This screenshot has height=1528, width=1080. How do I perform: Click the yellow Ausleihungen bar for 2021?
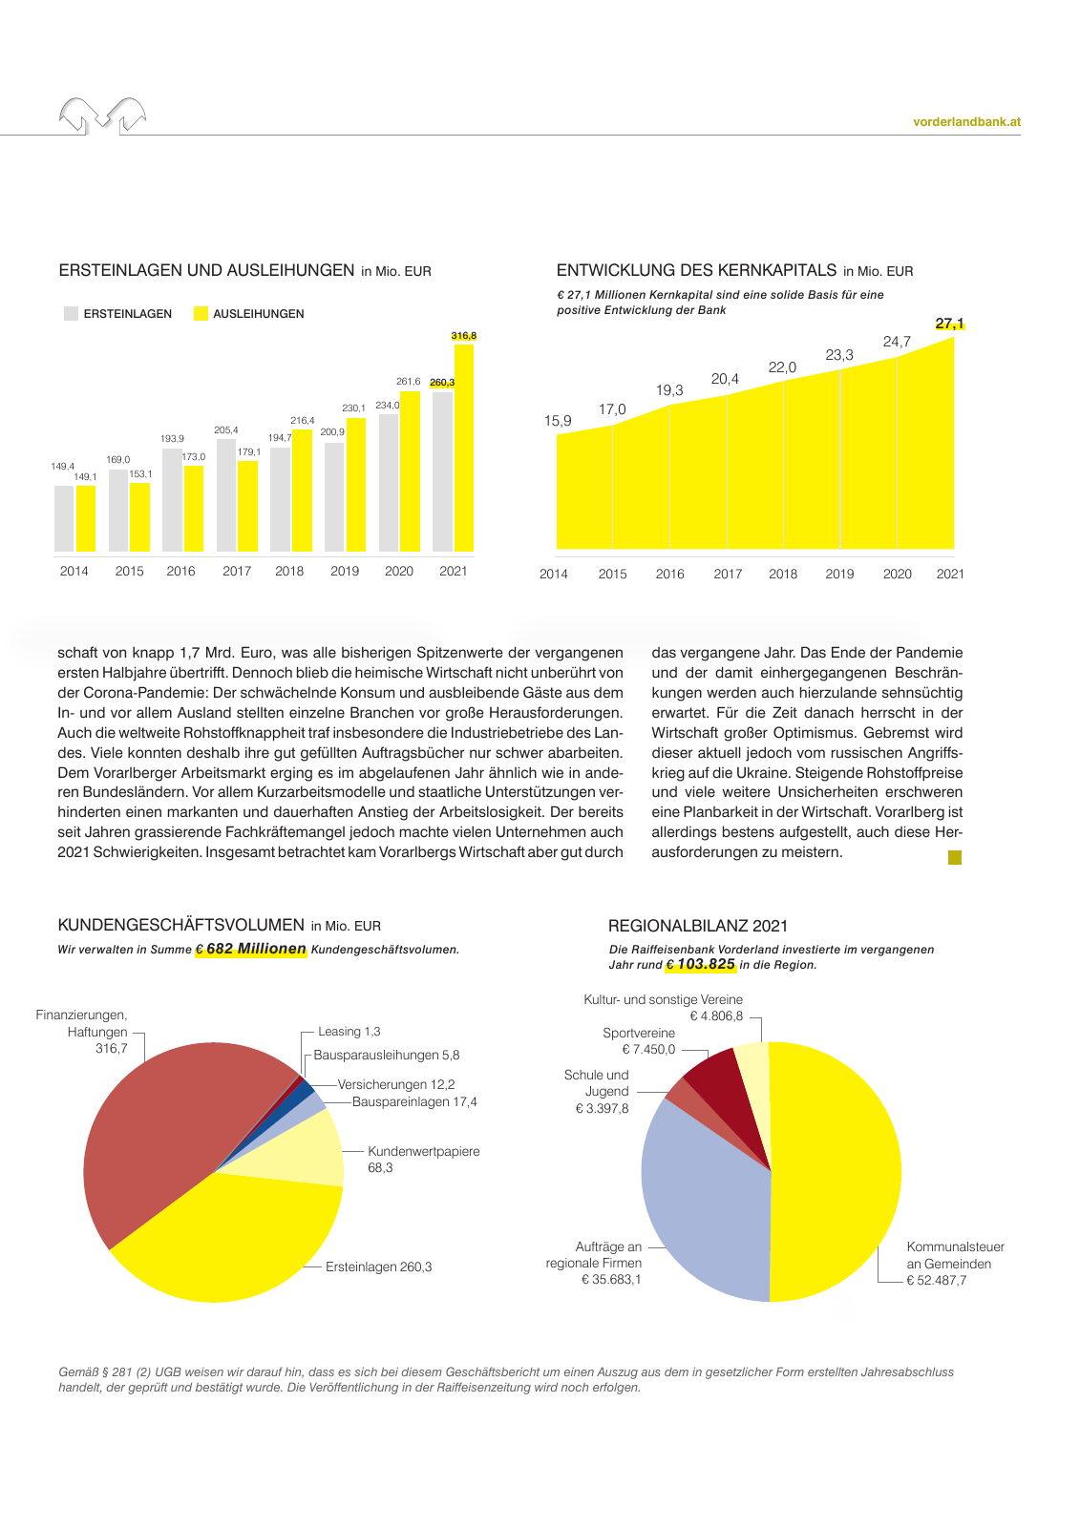[463, 449]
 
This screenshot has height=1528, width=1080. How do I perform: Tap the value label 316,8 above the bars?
[463, 336]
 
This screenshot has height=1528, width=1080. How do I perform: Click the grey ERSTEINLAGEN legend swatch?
[71, 313]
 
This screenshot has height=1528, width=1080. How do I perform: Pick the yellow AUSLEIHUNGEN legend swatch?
[201, 313]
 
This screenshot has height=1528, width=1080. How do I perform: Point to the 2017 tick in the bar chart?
[237, 571]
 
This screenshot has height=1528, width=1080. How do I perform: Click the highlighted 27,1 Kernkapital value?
[949, 324]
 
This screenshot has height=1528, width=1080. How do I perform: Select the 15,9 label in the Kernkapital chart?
[558, 421]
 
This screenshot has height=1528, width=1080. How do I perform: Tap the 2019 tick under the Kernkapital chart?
[839, 574]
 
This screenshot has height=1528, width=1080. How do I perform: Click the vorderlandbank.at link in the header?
[966, 122]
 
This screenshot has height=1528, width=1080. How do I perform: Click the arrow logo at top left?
[103, 115]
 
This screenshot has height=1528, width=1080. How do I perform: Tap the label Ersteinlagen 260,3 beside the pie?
[378, 1266]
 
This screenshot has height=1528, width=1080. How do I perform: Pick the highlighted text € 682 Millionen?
[251, 949]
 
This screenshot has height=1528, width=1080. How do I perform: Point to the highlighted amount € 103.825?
[701, 964]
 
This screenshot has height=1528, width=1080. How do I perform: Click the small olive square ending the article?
[954, 857]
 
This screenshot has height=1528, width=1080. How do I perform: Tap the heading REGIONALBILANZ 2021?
[698, 926]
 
